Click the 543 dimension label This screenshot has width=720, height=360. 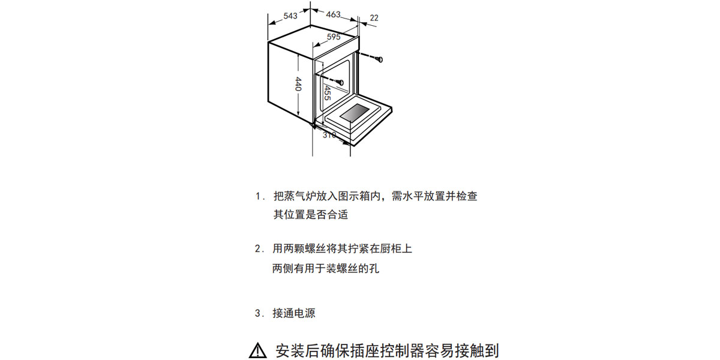pyautogui.click(x=290, y=16)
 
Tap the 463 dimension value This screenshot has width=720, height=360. pyautogui.click(x=333, y=14)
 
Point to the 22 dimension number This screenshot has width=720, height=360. pyautogui.click(x=374, y=18)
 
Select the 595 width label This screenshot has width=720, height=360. pyautogui.click(x=334, y=37)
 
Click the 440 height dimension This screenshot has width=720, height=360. pyautogui.click(x=298, y=84)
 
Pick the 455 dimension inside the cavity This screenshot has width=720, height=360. pyautogui.click(x=327, y=93)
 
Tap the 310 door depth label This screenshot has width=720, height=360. pyautogui.click(x=329, y=135)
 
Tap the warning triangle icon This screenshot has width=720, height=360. pyautogui.click(x=257, y=350)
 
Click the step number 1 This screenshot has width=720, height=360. pyautogui.click(x=258, y=196)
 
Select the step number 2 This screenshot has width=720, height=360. pyautogui.click(x=258, y=248)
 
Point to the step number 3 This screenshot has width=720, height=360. pyautogui.click(x=258, y=313)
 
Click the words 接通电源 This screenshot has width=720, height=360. pyautogui.click(x=294, y=313)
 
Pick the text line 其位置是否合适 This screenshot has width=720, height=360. pyautogui.click(x=311, y=214)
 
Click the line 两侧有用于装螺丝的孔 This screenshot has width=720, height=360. pyautogui.click(x=326, y=268)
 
